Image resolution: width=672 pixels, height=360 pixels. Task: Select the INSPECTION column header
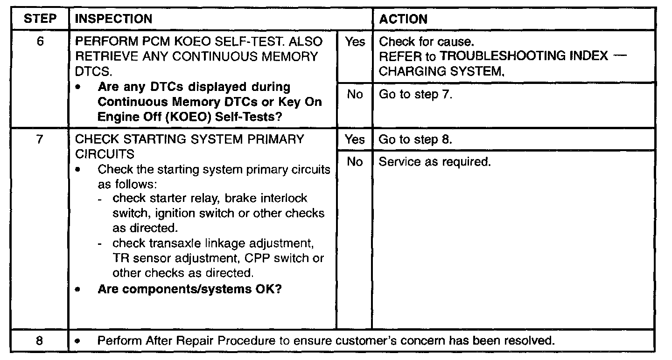(x=113, y=19)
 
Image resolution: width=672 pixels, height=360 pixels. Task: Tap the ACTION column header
(x=403, y=19)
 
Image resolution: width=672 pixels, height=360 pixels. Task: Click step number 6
(x=40, y=42)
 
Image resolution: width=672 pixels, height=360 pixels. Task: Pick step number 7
(x=40, y=139)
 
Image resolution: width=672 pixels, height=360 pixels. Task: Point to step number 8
(x=40, y=341)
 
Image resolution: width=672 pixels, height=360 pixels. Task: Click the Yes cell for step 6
(x=355, y=42)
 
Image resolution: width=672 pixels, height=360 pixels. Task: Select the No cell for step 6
(x=355, y=95)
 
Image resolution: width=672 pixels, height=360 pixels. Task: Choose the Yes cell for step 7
(x=355, y=139)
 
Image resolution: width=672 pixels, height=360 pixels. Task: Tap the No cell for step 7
(x=355, y=162)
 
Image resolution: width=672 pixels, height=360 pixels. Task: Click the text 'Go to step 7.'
(x=415, y=95)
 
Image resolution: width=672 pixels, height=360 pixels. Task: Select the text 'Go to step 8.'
(x=415, y=139)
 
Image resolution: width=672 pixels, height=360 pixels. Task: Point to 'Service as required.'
(x=434, y=162)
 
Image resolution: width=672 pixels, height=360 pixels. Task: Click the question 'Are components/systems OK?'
(x=189, y=289)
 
